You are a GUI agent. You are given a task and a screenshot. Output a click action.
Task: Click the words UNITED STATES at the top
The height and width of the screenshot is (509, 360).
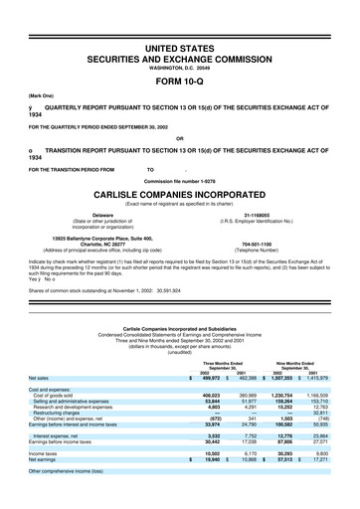point(179,20)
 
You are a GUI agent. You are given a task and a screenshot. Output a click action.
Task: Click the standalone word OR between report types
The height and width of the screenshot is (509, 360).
point(179,137)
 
